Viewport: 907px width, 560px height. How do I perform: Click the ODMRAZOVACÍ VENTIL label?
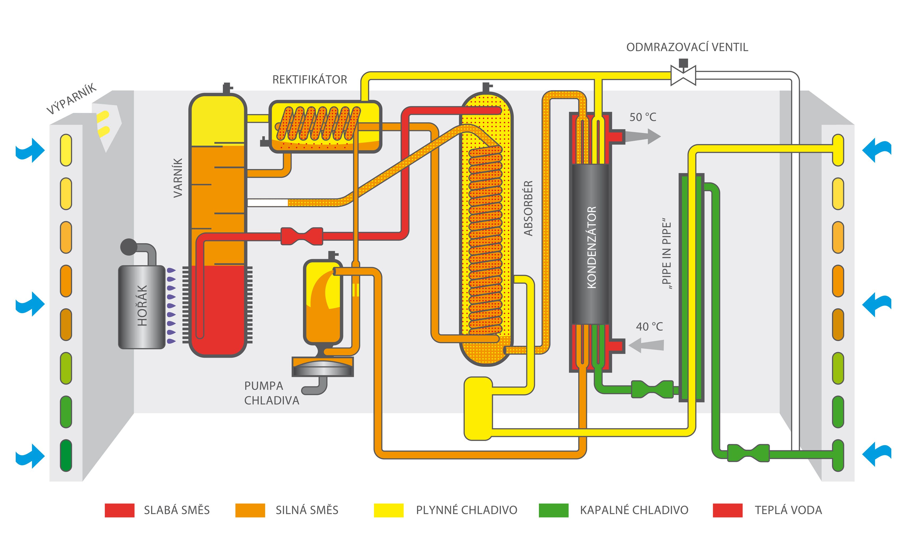coord(687,47)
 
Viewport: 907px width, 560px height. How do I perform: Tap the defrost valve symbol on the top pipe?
coord(683,75)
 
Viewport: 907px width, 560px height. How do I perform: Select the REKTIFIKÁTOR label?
coord(310,80)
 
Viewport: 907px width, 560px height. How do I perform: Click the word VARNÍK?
coord(178,178)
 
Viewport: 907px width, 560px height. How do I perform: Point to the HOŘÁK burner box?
coord(142,307)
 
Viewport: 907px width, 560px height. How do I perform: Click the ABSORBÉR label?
coord(528,208)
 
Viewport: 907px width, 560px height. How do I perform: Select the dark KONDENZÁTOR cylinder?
coord(590,245)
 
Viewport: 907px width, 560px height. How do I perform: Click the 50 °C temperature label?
coord(643,117)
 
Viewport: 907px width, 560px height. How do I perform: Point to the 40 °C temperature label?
coord(649,327)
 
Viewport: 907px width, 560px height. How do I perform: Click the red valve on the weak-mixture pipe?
coord(302,236)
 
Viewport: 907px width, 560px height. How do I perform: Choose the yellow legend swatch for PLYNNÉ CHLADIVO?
coord(388,510)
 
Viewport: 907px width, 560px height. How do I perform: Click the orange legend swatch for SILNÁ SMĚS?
coord(250,510)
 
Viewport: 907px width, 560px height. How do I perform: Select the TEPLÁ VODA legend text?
coord(788,510)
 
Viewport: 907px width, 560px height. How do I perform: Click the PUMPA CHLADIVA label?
coord(271,393)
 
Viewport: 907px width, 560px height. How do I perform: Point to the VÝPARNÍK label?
coord(71,99)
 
